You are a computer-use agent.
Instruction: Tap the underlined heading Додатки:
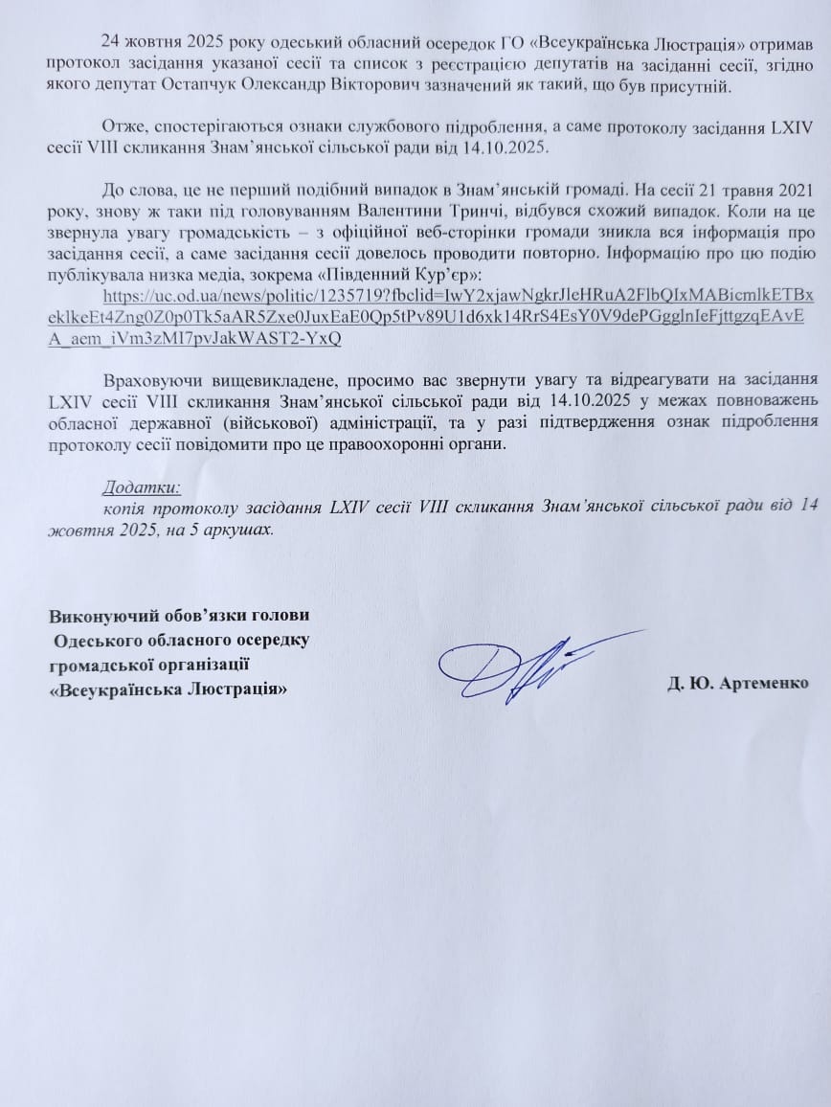coord(140,486)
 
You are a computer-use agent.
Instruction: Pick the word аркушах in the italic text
coord(233,528)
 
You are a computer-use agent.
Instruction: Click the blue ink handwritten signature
coord(531,662)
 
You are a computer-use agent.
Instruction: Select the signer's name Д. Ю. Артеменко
coord(738,684)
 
